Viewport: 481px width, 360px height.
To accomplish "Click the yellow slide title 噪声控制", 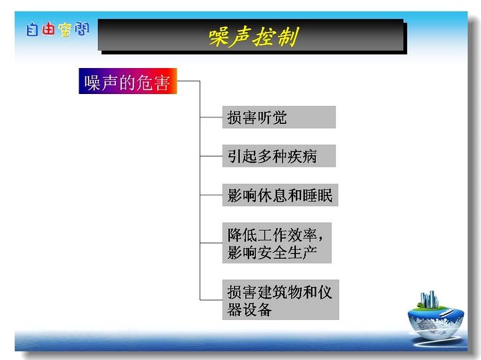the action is click(x=253, y=37).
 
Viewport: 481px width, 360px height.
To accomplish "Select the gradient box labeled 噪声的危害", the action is click(x=128, y=81).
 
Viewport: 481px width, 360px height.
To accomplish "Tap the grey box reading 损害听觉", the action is click(x=279, y=117).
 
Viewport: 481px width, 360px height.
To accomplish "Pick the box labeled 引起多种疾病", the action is click(x=279, y=156).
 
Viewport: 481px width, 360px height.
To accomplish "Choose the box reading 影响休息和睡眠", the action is click(x=280, y=195).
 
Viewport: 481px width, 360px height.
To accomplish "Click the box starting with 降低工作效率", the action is click(x=276, y=243).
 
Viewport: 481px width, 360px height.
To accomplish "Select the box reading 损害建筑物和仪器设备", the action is click(x=280, y=299).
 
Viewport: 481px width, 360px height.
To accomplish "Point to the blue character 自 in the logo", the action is click(x=32, y=30).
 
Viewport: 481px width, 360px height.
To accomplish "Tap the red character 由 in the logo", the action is click(x=49, y=29).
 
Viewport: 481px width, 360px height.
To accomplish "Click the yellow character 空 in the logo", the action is click(x=65, y=30).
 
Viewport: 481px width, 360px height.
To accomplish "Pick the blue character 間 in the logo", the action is click(x=82, y=29).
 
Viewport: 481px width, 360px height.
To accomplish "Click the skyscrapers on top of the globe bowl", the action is click(x=428, y=299).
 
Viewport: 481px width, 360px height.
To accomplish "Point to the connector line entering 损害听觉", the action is click(x=211, y=117).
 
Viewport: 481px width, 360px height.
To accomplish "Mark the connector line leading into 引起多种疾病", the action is click(x=211, y=156).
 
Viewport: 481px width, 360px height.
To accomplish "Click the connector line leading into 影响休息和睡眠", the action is click(x=211, y=195).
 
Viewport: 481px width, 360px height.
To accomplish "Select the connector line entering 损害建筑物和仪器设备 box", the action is click(x=211, y=299).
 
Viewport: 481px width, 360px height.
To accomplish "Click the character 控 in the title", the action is click(x=264, y=37).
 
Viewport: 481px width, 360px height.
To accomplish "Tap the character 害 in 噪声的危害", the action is click(x=162, y=82).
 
